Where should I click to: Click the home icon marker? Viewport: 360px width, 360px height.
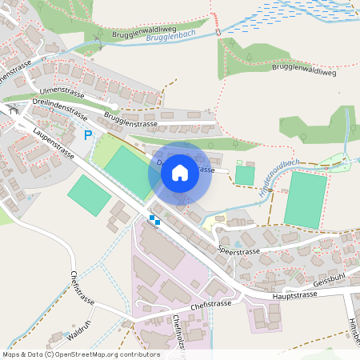[180, 172]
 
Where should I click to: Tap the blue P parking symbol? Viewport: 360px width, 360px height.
[89, 136]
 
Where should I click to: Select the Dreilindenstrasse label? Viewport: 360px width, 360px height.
[60, 107]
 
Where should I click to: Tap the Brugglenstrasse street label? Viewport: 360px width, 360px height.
[130, 123]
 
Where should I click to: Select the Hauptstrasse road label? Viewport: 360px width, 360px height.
[294, 294]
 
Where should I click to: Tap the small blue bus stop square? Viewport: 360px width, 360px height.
[154, 220]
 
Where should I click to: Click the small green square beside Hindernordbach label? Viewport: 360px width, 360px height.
[244, 174]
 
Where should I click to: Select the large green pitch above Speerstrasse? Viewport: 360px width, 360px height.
[306, 199]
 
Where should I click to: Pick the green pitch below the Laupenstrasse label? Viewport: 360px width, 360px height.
[89, 194]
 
